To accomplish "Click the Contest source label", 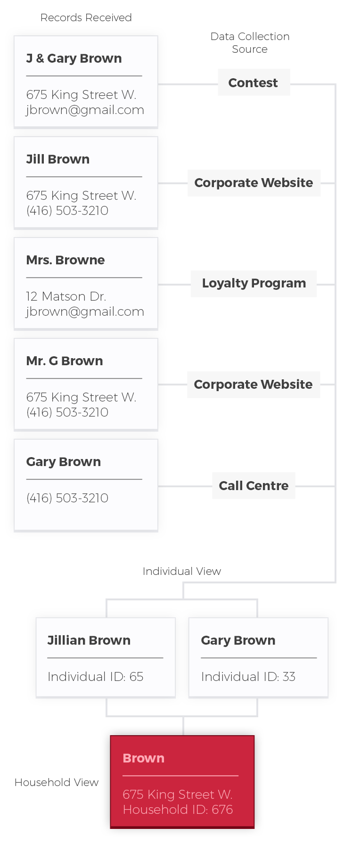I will click(x=253, y=83).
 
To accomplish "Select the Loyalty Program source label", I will click(x=254, y=283).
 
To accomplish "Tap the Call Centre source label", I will click(x=254, y=485).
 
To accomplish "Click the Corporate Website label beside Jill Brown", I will click(x=254, y=183).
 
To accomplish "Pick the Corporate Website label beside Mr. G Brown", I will click(x=253, y=385).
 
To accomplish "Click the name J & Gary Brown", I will click(x=74, y=58).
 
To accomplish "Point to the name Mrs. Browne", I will click(x=65, y=260).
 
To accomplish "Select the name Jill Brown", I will click(x=58, y=159).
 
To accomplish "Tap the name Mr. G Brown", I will click(x=65, y=361).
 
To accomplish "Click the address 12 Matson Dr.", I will click(x=66, y=296).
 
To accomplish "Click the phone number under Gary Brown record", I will click(x=67, y=498).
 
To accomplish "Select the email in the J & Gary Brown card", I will click(x=85, y=110).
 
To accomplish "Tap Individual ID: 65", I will click(x=96, y=677).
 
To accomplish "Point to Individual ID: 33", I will click(x=248, y=677).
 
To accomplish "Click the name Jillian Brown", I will click(x=89, y=640).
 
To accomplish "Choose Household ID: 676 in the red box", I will click(x=178, y=810).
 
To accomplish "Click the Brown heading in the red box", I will click(x=144, y=758).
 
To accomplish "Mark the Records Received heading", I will click(x=86, y=18).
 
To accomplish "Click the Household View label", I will click(x=57, y=782).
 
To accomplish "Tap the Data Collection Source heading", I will click(x=249, y=42).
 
